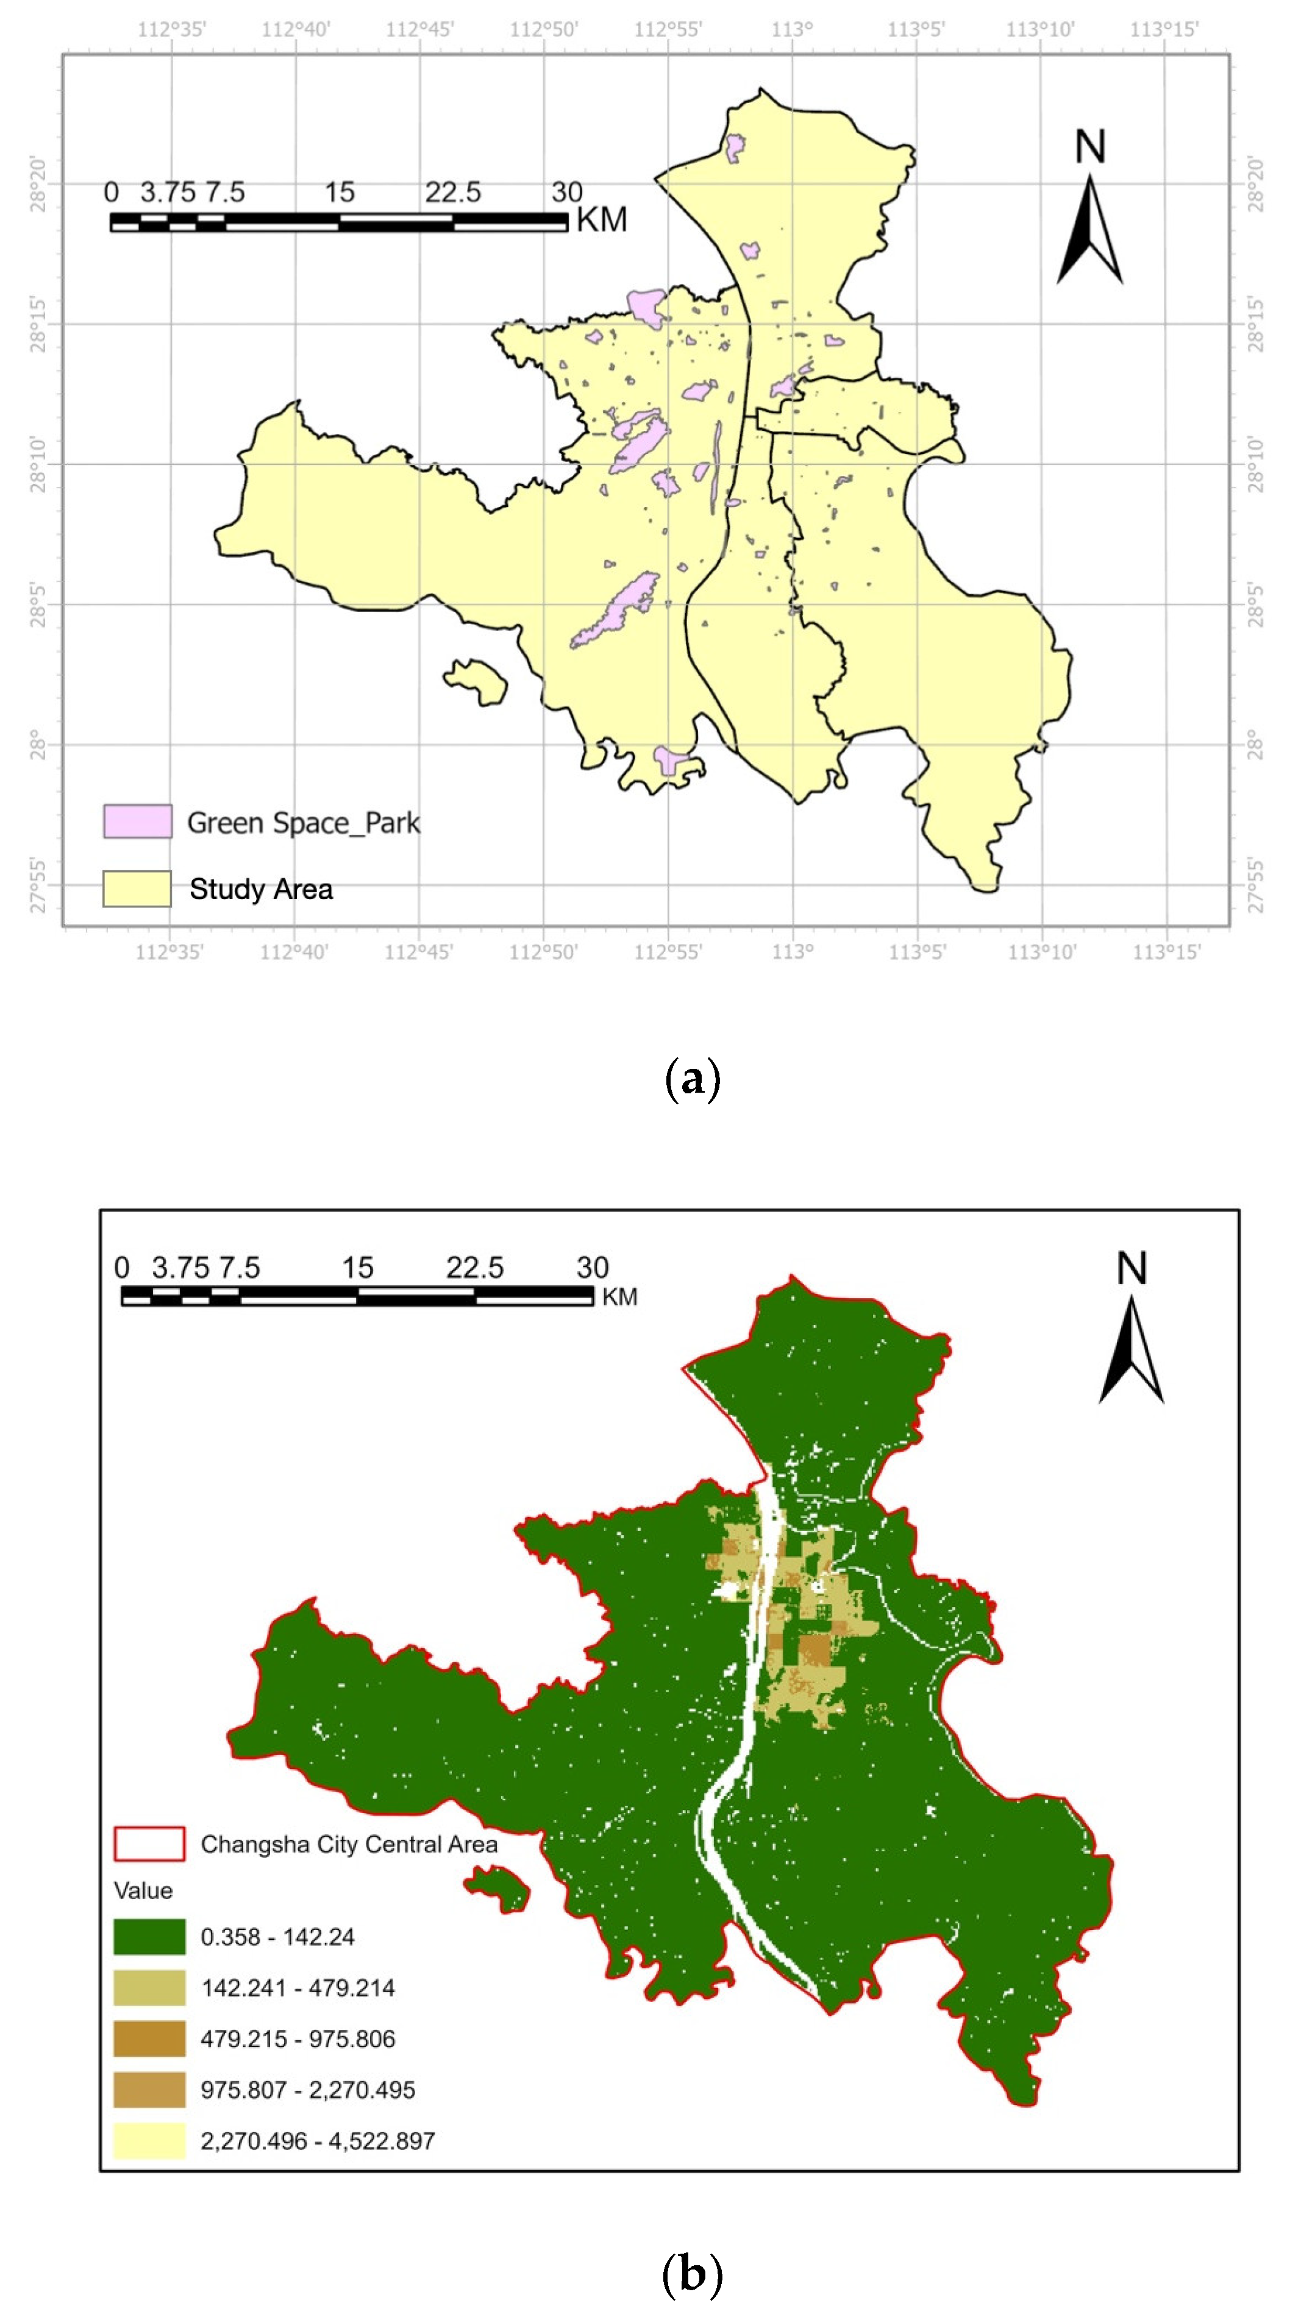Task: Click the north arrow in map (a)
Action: point(1090,229)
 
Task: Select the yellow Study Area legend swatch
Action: point(137,889)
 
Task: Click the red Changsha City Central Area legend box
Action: point(149,1844)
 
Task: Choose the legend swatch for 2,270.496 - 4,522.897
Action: point(149,2141)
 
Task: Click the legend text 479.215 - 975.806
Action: point(298,2039)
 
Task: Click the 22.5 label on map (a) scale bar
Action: point(453,192)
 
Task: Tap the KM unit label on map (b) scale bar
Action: point(619,1297)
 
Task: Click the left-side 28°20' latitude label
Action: point(38,184)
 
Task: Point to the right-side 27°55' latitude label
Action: point(1255,885)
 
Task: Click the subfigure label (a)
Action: point(692,1078)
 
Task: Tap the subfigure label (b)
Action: point(692,2274)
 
